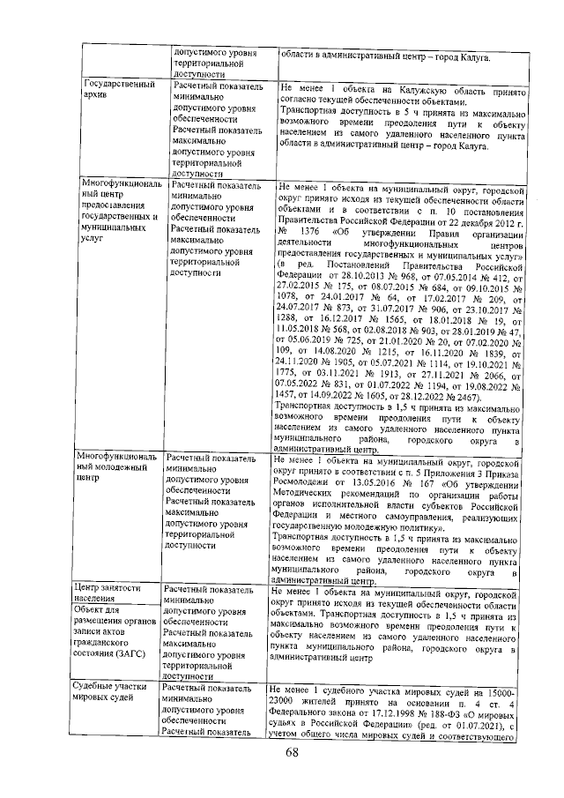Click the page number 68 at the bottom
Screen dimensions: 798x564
(x=292, y=751)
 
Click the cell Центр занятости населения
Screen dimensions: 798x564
(x=108, y=591)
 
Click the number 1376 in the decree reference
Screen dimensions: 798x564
(x=312, y=230)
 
